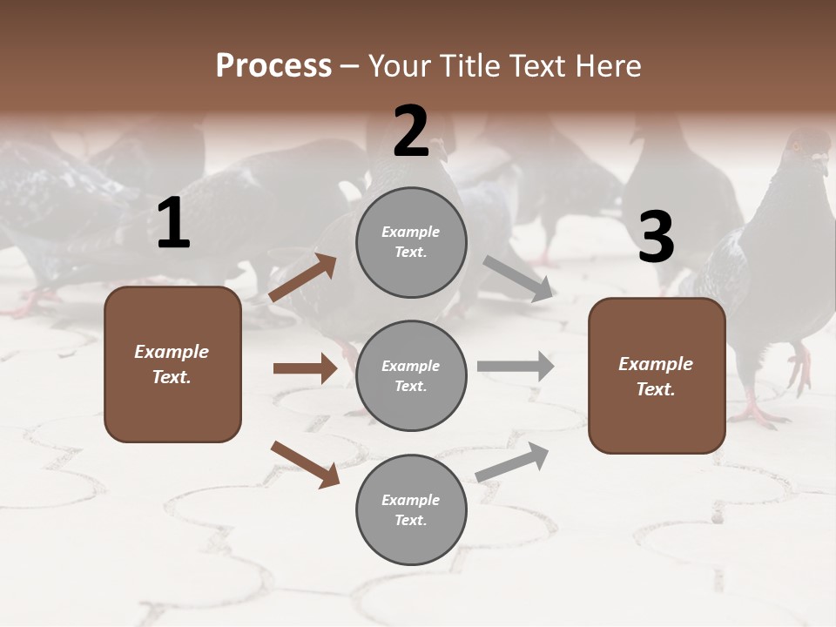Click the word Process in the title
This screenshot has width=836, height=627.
click(x=273, y=66)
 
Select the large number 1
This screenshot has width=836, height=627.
click(x=173, y=224)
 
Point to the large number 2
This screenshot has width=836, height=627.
click(x=411, y=131)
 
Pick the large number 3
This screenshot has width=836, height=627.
click(x=656, y=238)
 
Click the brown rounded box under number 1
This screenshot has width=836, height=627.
click(x=172, y=364)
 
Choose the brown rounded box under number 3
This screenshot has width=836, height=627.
click(x=657, y=376)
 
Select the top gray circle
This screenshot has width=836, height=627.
click(x=411, y=242)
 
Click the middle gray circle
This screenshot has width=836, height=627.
click(x=411, y=375)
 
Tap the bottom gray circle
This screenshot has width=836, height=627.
click(x=411, y=509)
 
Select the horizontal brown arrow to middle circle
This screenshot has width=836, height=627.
click(x=305, y=368)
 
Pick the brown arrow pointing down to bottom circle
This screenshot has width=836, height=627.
click(x=305, y=463)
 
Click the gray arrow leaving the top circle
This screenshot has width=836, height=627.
click(x=518, y=279)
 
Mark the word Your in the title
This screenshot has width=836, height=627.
click(x=401, y=66)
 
